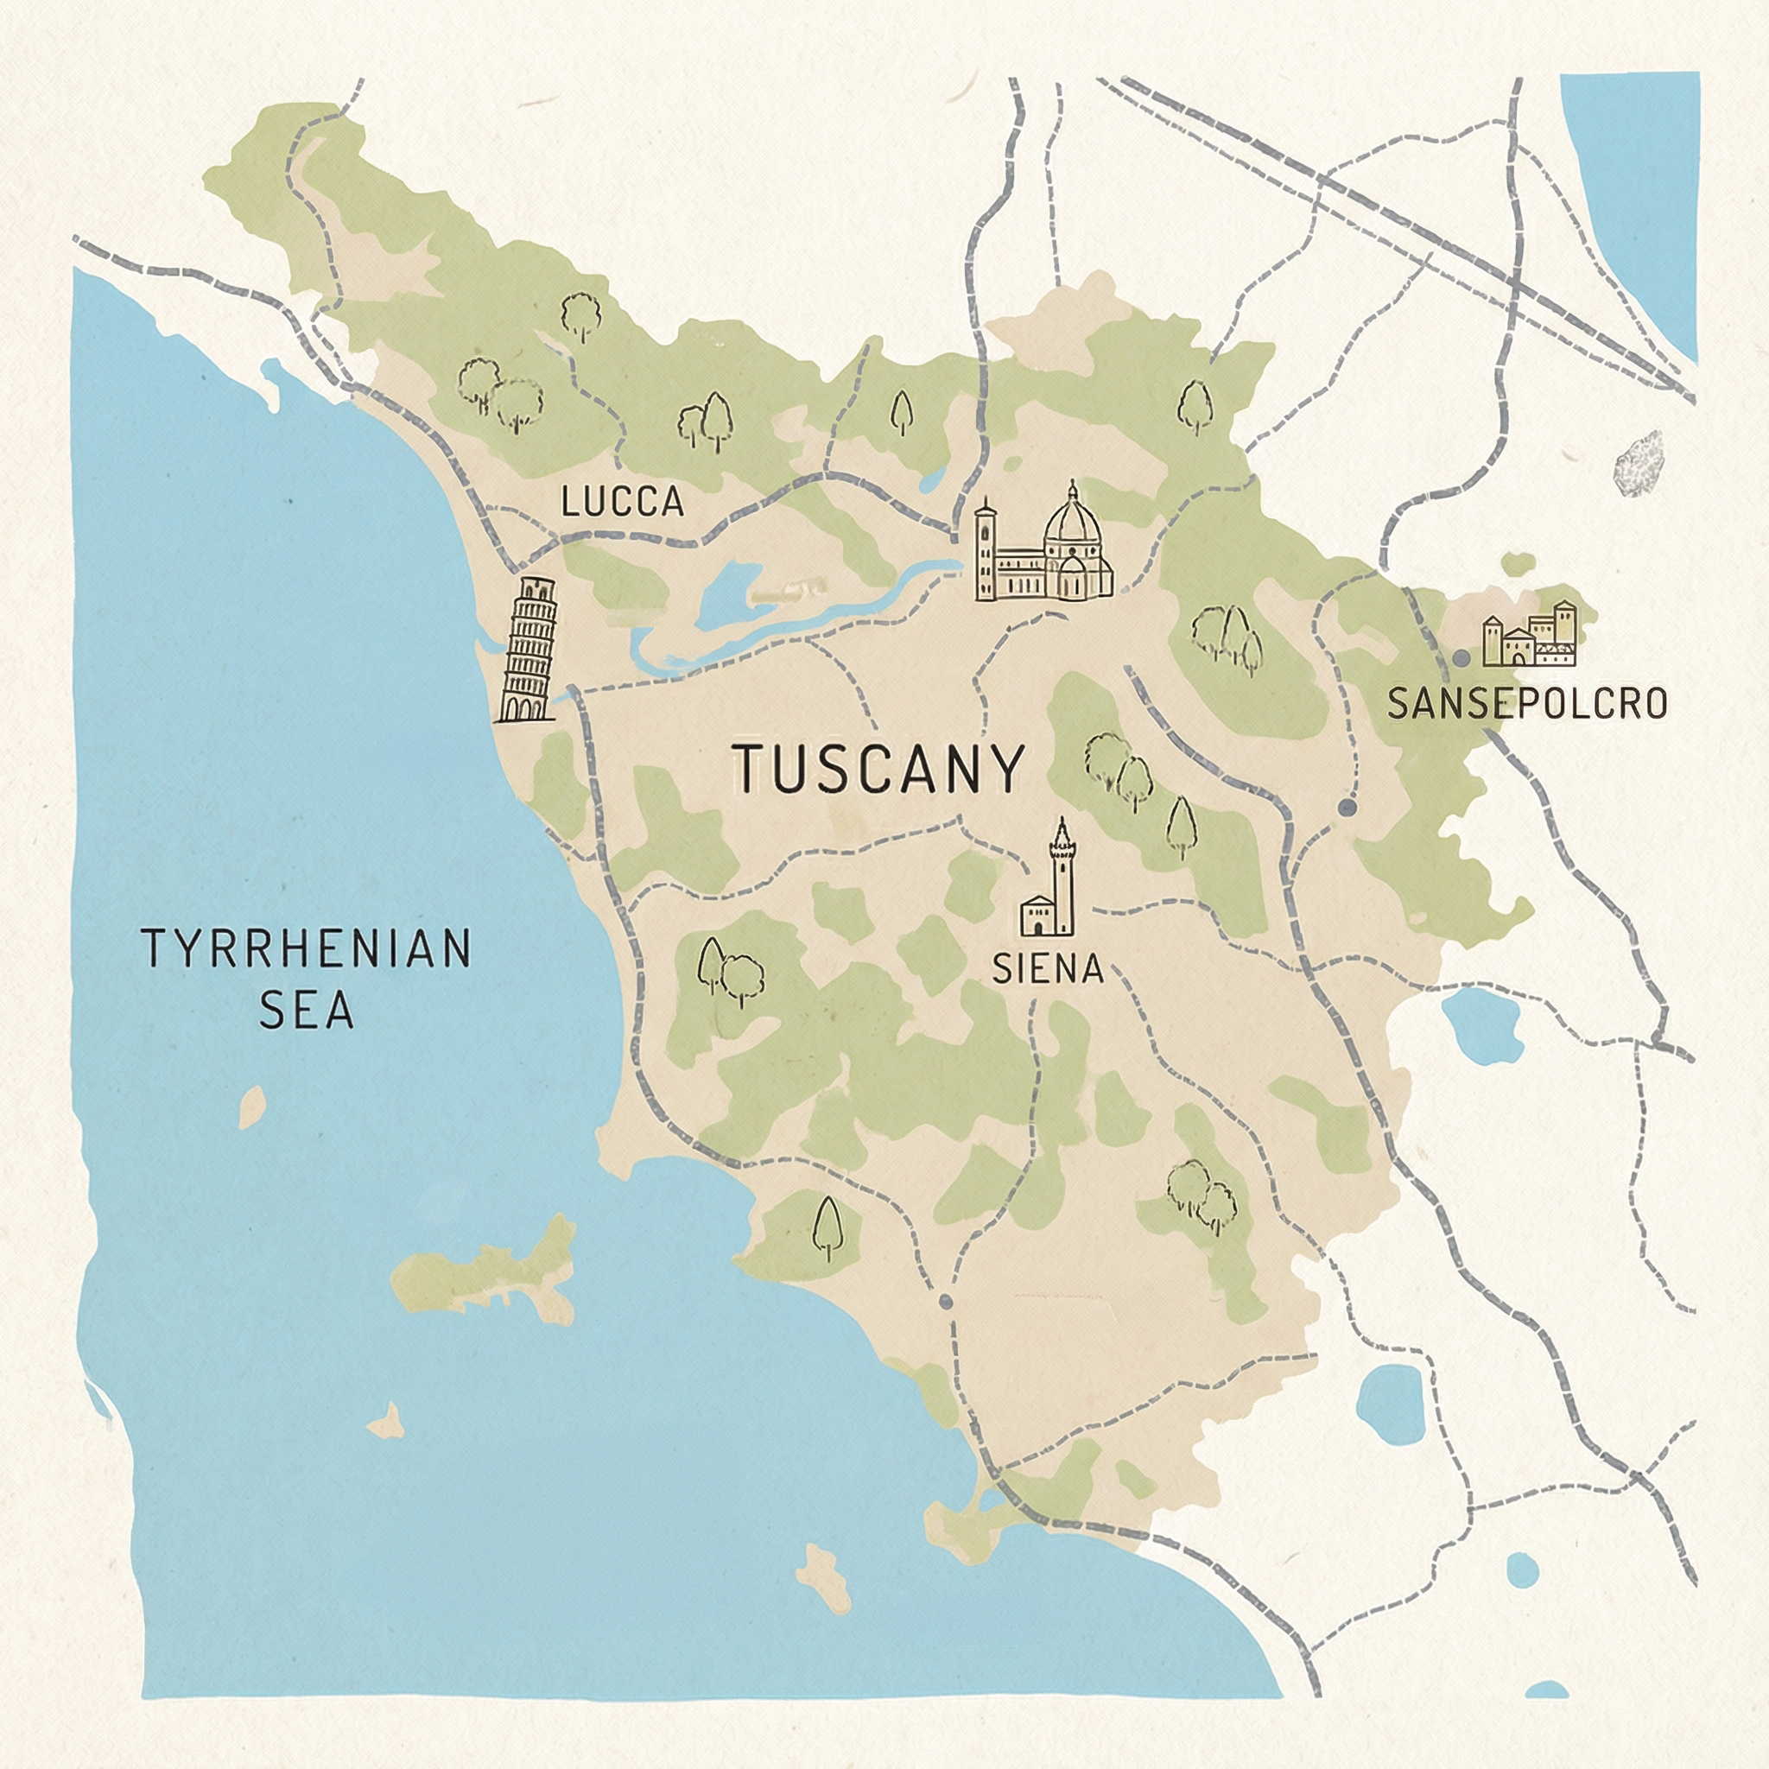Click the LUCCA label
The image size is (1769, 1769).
623,502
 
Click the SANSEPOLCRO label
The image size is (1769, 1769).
1526,703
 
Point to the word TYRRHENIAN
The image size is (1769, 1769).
306,949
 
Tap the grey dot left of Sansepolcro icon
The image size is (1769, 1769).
1461,658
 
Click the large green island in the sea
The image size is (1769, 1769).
485,1272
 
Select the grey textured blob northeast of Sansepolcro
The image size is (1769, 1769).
1639,464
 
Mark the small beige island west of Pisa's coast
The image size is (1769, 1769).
252,1107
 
